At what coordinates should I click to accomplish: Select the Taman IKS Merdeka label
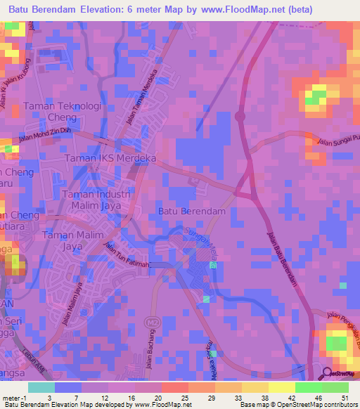pos(110,159)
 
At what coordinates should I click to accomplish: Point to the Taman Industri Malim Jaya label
pos(97,200)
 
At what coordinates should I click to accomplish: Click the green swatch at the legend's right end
pos(335,387)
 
